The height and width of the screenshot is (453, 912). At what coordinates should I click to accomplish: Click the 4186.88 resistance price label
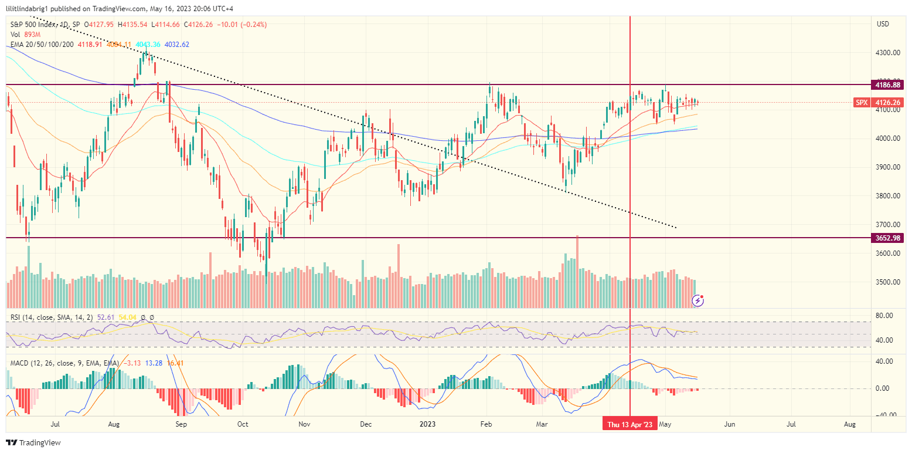pyautogui.click(x=888, y=84)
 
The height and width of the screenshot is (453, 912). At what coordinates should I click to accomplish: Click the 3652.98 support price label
pyautogui.click(x=888, y=238)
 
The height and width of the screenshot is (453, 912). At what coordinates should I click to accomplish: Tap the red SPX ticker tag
pyautogui.click(x=861, y=102)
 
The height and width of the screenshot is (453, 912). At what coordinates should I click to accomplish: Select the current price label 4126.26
pyautogui.click(x=888, y=102)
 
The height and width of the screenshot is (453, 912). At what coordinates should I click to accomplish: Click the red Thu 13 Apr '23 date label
pyautogui.click(x=630, y=424)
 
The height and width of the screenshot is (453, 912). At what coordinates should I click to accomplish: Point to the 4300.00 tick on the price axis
pyautogui.click(x=887, y=53)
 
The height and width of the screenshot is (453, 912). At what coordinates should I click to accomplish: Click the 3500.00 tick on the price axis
pyautogui.click(x=887, y=282)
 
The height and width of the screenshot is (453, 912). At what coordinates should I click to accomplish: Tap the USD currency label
pyautogui.click(x=883, y=24)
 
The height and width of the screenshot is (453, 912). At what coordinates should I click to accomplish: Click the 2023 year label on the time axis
pyautogui.click(x=428, y=424)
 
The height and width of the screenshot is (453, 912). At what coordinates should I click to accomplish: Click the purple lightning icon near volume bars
pyautogui.click(x=698, y=300)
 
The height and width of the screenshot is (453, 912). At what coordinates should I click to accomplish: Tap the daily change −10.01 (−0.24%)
pyautogui.click(x=241, y=25)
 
